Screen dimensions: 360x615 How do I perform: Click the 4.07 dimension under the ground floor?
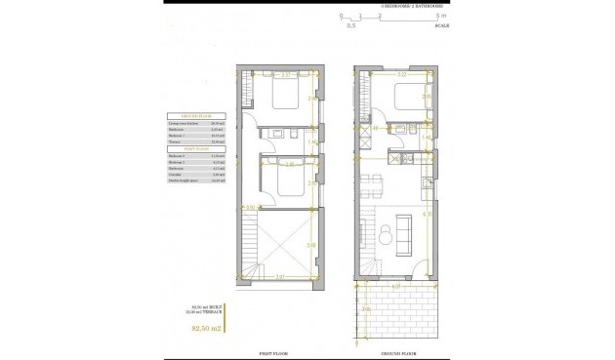[395, 288]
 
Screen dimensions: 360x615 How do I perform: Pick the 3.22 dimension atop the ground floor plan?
[402, 74]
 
